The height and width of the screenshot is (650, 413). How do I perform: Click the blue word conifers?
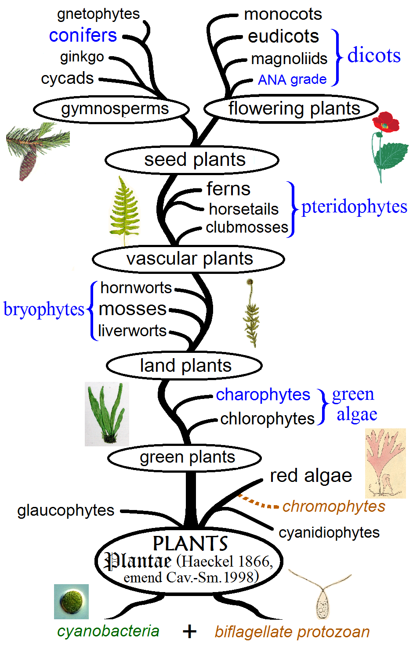[83, 35]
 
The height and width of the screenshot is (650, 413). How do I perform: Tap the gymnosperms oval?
[112, 109]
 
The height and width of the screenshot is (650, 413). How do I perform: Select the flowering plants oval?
[291, 108]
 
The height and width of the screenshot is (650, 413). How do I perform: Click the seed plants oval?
[192, 160]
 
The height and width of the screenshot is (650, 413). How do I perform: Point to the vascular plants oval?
[188, 259]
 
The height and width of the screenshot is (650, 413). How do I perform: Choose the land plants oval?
[185, 366]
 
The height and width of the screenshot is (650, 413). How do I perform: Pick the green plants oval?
[185, 458]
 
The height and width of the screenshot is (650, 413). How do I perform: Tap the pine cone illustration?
[28, 165]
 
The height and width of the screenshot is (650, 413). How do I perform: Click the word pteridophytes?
[354, 207]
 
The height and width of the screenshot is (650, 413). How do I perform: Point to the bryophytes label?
[43, 309]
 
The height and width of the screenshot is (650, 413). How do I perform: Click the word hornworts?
[136, 288]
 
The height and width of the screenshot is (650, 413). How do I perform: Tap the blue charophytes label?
[263, 395]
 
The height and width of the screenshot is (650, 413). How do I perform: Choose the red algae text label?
[311, 476]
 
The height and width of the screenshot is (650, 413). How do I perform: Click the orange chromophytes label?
[333, 506]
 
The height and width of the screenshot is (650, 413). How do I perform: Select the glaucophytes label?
[66, 510]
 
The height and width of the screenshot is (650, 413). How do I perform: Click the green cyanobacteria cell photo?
[71, 601]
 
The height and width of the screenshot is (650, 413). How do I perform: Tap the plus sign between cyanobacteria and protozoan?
[189, 632]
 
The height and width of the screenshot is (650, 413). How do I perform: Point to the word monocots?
[283, 14]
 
